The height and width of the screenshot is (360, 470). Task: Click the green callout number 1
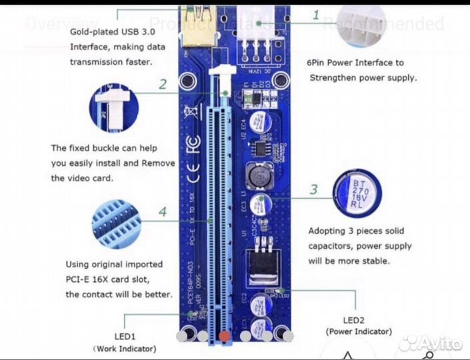coord(315,15)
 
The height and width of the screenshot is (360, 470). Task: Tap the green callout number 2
coord(163,84)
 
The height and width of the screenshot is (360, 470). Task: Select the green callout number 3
coord(313,189)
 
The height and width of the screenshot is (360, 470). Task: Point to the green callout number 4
coord(163,212)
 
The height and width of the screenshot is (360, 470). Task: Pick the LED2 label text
coord(358,319)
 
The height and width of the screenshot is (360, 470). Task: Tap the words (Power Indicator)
coord(359,331)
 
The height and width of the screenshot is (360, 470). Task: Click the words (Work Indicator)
coord(125,348)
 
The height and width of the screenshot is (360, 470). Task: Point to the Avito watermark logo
coord(430,343)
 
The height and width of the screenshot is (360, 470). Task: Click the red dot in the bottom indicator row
coord(225,337)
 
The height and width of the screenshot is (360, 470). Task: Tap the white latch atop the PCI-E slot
coord(221,73)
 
